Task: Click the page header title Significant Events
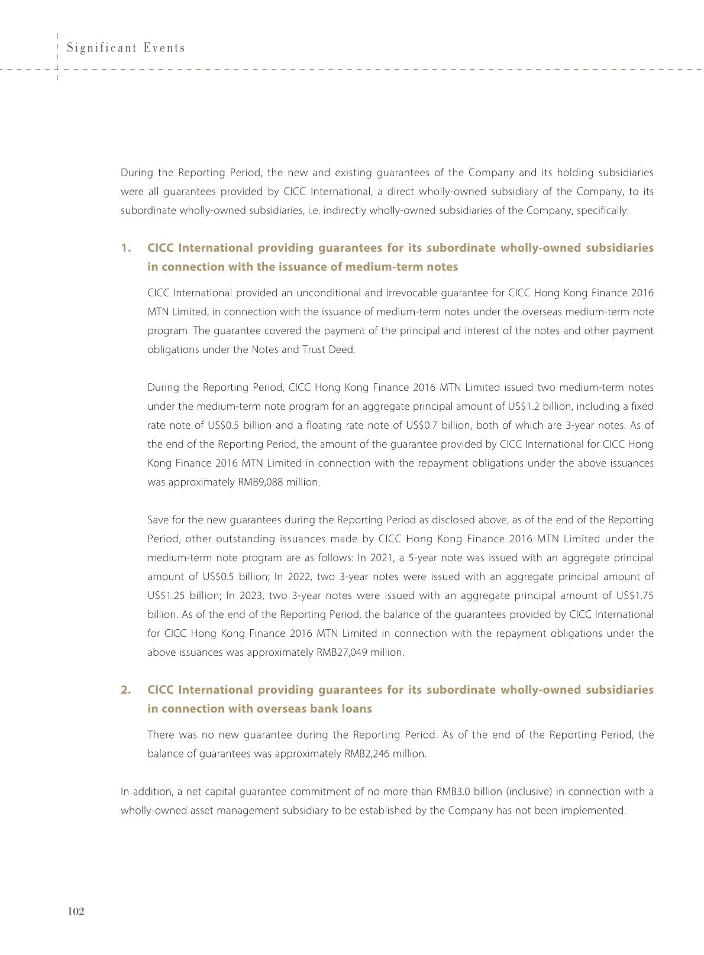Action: pyautogui.click(x=126, y=48)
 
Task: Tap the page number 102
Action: pyautogui.click(x=76, y=911)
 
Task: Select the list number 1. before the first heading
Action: pyautogui.click(x=125, y=248)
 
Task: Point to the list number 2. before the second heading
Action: pyautogui.click(x=125, y=690)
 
